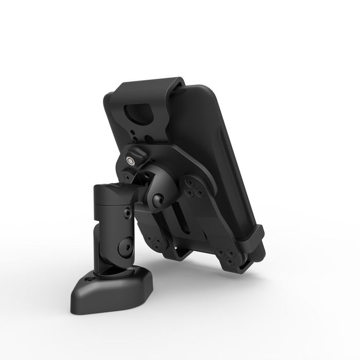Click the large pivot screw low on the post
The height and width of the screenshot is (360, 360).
123,248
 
